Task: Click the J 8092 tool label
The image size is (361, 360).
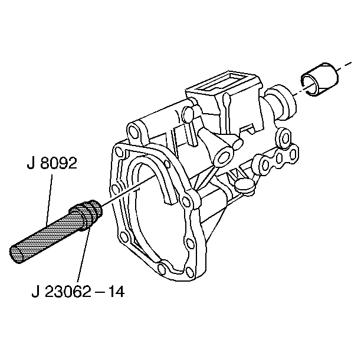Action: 52,163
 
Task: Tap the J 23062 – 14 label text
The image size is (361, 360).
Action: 78,291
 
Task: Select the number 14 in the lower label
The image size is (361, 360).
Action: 116,291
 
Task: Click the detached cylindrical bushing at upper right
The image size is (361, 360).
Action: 320,79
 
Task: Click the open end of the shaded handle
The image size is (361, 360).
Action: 17,255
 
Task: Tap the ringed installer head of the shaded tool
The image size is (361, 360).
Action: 86,213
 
